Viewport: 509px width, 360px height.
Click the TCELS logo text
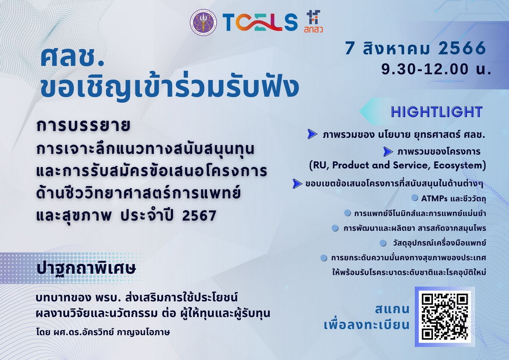click(260, 22)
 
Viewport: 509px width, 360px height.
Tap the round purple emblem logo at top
click(204, 22)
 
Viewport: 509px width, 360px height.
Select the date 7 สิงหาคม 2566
click(415, 48)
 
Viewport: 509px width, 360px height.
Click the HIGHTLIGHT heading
click(436, 112)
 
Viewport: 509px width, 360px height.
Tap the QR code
click(445, 317)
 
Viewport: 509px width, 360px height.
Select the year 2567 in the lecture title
click(198, 216)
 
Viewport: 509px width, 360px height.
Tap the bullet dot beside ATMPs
click(415, 198)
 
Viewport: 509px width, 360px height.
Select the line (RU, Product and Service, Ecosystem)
click(397, 165)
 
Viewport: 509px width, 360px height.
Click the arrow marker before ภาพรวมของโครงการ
click(388, 151)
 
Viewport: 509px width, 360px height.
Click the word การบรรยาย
click(83, 126)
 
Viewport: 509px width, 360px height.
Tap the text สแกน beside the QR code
click(392, 309)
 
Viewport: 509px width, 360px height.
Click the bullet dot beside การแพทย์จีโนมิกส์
click(347, 213)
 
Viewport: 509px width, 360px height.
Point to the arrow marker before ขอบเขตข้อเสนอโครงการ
click(297, 184)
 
